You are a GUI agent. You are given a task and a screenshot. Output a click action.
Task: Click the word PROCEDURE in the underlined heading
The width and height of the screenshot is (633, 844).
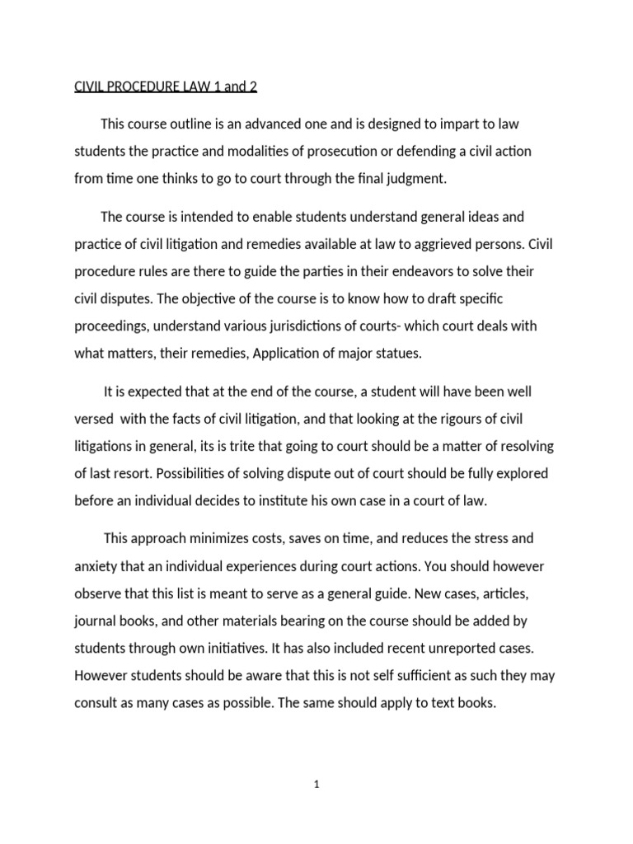(143, 85)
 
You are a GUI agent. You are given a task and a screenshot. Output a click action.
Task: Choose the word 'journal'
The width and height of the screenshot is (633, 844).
(96, 620)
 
